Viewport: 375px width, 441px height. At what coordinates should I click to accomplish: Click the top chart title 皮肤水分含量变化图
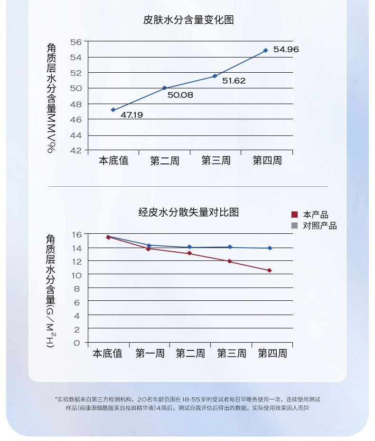pyautogui.click(x=188, y=20)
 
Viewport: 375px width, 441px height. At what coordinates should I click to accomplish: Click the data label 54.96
pyautogui.click(x=286, y=49)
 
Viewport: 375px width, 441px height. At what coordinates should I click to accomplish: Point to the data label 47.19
pyautogui.click(x=131, y=115)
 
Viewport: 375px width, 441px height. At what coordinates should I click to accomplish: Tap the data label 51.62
pyautogui.click(x=234, y=81)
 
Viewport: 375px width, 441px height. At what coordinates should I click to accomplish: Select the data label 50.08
pyautogui.click(x=180, y=95)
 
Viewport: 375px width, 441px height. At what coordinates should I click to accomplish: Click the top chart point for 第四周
pyautogui.click(x=265, y=50)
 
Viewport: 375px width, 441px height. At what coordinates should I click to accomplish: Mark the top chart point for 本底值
pyautogui.click(x=113, y=110)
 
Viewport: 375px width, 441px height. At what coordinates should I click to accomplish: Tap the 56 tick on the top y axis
pyautogui.click(x=76, y=42)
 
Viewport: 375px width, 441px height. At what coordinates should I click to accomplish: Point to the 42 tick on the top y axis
pyautogui.click(x=76, y=151)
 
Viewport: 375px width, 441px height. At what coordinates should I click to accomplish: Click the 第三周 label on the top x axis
pyautogui.click(x=216, y=161)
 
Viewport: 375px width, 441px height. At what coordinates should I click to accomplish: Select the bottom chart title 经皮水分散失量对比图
pyautogui.click(x=188, y=212)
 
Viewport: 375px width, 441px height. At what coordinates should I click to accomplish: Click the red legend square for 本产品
pyautogui.click(x=294, y=215)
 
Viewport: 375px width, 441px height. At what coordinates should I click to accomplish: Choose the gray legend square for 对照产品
pyautogui.click(x=294, y=226)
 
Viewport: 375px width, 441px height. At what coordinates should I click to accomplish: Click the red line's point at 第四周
pyautogui.click(x=269, y=270)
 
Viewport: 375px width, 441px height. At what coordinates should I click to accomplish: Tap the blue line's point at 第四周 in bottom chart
pyautogui.click(x=270, y=248)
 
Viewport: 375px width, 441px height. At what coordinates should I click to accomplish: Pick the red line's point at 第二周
pyautogui.click(x=189, y=253)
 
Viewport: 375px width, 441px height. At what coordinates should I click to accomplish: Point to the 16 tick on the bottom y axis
pyautogui.click(x=77, y=234)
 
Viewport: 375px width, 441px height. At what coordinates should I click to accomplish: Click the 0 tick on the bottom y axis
pyautogui.click(x=77, y=343)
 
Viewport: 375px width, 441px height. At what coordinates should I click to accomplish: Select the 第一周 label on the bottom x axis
pyautogui.click(x=150, y=354)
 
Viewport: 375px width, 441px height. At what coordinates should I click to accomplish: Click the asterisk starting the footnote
pyautogui.click(x=56, y=398)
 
